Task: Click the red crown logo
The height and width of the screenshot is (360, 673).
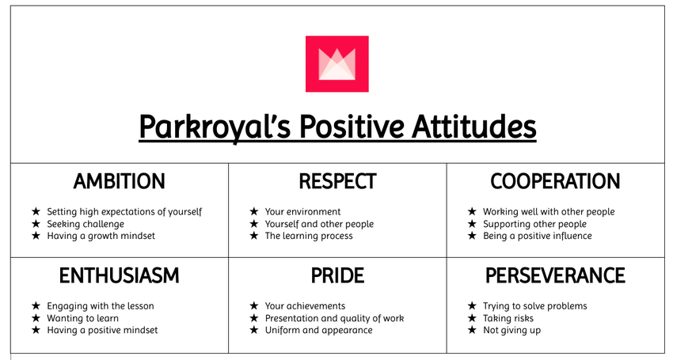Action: tap(337, 64)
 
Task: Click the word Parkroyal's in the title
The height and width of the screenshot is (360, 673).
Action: tap(215, 127)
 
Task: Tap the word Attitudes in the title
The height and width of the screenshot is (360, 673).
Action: tap(474, 126)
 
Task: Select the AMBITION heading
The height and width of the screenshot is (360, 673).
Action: tap(120, 181)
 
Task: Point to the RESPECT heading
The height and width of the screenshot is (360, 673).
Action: tap(338, 181)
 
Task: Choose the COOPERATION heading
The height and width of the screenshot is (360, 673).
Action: tap(555, 181)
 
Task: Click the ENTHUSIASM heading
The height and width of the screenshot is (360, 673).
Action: tap(120, 275)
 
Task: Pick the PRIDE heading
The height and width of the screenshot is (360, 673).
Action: tap(338, 275)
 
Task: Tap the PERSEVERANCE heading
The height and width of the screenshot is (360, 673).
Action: tap(555, 275)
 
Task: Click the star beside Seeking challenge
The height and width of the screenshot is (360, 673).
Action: tap(36, 224)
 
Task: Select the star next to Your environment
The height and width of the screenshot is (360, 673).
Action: tap(254, 211)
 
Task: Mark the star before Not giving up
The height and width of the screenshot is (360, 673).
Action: tap(472, 330)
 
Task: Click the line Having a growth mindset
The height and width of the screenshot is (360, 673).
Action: tap(101, 236)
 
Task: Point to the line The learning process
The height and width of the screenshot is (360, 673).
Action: tap(309, 236)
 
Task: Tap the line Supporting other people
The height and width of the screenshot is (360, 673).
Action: tap(534, 224)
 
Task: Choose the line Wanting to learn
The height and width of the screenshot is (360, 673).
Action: tap(83, 318)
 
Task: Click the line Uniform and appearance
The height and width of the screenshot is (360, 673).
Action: tap(319, 331)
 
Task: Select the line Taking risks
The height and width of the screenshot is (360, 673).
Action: tap(508, 318)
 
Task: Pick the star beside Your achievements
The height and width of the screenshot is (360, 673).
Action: tap(254, 306)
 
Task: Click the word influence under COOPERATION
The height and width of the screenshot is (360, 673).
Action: tap(573, 236)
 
